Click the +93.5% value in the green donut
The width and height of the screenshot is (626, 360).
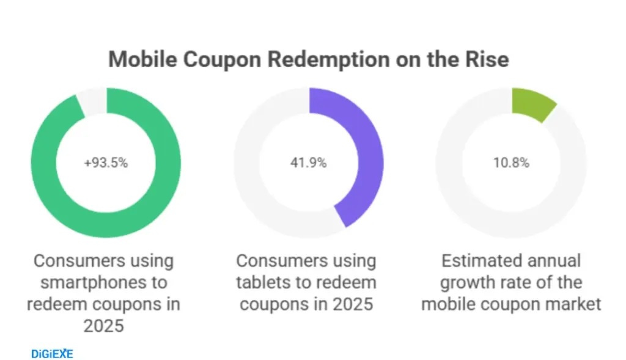[106, 163]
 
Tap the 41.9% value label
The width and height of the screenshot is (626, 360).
[308, 163]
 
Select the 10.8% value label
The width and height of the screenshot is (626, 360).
[511, 163]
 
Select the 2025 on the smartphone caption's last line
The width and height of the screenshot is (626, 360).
[105, 326]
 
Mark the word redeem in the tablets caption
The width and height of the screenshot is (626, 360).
[349, 283]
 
